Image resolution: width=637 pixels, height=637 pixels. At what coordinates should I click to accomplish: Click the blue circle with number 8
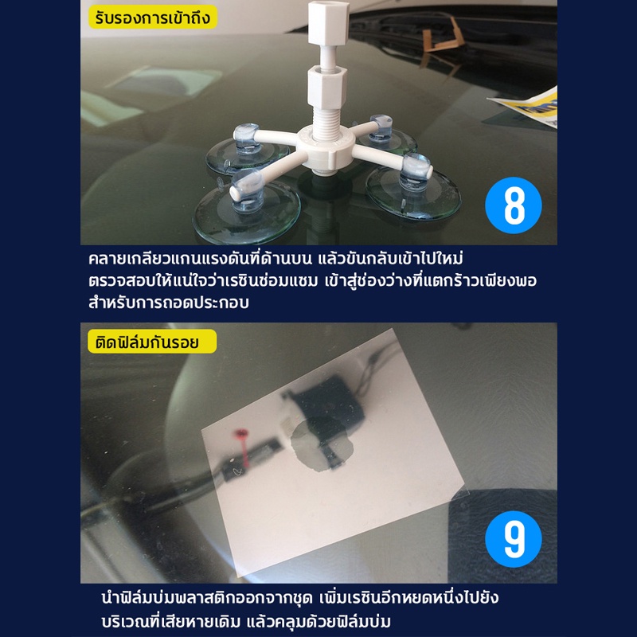[513, 205]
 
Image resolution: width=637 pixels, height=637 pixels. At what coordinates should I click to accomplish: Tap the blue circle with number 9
[513, 539]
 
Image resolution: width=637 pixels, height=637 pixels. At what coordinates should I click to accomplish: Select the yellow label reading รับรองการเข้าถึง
[153, 17]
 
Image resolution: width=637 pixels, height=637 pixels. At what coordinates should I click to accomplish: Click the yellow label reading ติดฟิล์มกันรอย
[152, 342]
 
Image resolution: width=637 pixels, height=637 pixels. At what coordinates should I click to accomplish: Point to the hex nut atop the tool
[328, 22]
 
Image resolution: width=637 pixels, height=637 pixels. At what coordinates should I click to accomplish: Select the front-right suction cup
[413, 189]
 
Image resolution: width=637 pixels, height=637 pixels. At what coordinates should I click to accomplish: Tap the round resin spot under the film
[321, 445]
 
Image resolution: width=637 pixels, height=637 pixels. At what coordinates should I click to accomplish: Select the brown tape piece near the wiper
[443, 37]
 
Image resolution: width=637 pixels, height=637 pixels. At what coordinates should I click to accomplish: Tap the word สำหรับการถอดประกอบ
[169, 303]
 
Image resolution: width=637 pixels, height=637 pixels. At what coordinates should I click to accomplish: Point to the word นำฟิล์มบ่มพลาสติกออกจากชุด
[207, 598]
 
